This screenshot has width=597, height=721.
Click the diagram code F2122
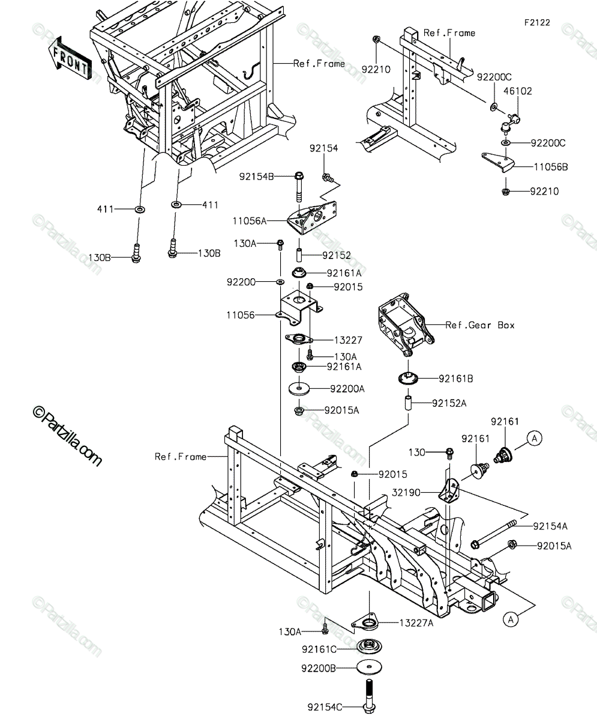pyautogui.click(x=537, y=23)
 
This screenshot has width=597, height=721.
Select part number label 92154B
pyautogui.click(x=256, y=177)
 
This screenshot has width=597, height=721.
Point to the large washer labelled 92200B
pyautogui.click(x=369, y=668)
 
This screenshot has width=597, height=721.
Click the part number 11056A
pyautogui.click(x=250, y=221)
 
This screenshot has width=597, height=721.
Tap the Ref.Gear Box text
pyautogui.click(x=480, y=325)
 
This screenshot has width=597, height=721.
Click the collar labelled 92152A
pyautogui.click(x=409, y=403)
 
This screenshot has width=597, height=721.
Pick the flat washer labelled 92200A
pyautogui.click(x=299, y=389)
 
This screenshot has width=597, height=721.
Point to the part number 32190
pyautogui.click(x=406, y=493)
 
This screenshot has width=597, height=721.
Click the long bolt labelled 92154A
pyautogui.click(x=493, y=535)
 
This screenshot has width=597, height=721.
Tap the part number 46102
pyautogui.click(x=518, y=91)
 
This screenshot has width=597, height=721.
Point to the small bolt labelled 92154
pyautogui.click(x=327, y=177)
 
